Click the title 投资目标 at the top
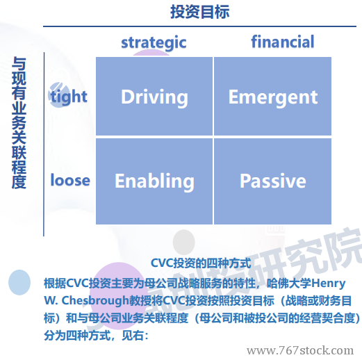pos(200,12)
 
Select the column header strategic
pos(154,42)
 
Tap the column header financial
pos(283,42)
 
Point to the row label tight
pos(69,97)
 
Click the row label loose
pos(70,180)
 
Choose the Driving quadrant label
pos(154,97)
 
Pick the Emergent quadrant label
pos(273,98)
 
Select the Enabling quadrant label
pos(154,181)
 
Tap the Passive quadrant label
pos(273,181)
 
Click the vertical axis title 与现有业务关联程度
pos(19,123)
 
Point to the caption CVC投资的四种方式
pos(201,263)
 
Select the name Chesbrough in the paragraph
pos(95,301)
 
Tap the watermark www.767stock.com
pos(300,350)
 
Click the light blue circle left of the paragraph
pos(19,282)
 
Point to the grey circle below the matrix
pos(184,242)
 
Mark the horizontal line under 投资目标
pos(199,26)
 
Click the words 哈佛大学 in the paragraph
pos(289,284)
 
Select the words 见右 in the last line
pos(133,336)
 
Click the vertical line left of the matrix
pos(44,145)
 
